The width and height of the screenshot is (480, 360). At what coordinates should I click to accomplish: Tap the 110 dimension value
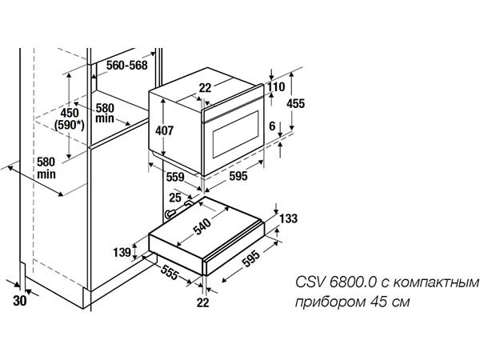(276, 86)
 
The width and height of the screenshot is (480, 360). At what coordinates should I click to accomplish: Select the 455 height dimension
(296, 102)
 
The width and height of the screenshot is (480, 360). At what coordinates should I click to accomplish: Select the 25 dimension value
(174, 198)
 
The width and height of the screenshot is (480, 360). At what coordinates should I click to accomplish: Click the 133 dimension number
(289, 219)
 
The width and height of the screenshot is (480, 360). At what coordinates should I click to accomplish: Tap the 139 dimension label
(122, 253)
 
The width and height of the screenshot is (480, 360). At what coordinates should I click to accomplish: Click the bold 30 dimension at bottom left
(20, 301)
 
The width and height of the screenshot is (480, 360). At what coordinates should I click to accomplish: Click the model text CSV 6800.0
(327, 283)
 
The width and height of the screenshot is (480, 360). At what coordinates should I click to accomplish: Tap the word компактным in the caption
(438, 283)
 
